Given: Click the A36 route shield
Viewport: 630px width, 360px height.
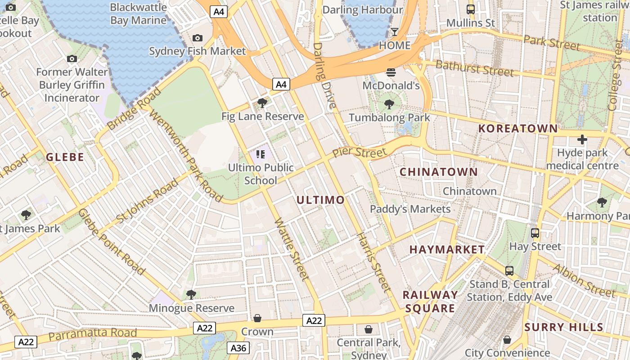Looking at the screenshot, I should click(238, 348).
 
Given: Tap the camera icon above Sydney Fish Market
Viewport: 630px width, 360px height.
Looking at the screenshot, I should click(197, 38).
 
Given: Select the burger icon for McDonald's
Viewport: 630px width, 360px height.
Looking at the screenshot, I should click(391, 72).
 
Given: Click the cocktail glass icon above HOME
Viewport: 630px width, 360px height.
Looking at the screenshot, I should click(395, 31).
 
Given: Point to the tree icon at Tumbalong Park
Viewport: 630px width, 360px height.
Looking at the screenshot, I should click(389, 104).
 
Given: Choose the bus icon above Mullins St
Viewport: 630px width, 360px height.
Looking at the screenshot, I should click(470, 9).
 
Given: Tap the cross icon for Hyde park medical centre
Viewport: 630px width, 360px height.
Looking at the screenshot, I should click(582, 139).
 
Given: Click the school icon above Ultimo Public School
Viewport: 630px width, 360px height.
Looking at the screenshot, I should click(261, 154).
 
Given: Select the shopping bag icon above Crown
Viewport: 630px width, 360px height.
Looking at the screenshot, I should click(257, 318).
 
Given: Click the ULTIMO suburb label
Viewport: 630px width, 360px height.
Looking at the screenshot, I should click(321, 200).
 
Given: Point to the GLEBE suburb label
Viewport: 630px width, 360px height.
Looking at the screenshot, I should click(65, 157).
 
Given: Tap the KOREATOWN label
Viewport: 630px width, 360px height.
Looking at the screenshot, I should click(518, 128).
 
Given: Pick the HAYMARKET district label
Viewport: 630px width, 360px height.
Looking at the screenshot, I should click(447, 249).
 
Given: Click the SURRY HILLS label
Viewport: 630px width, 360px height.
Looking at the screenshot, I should click(564, 327).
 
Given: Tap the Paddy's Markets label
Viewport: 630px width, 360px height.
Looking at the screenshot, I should click(410, 209).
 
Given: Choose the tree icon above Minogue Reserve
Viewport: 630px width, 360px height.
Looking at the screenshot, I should click(191, 295).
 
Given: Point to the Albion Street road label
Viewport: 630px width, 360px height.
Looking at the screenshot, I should click(584, 280).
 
